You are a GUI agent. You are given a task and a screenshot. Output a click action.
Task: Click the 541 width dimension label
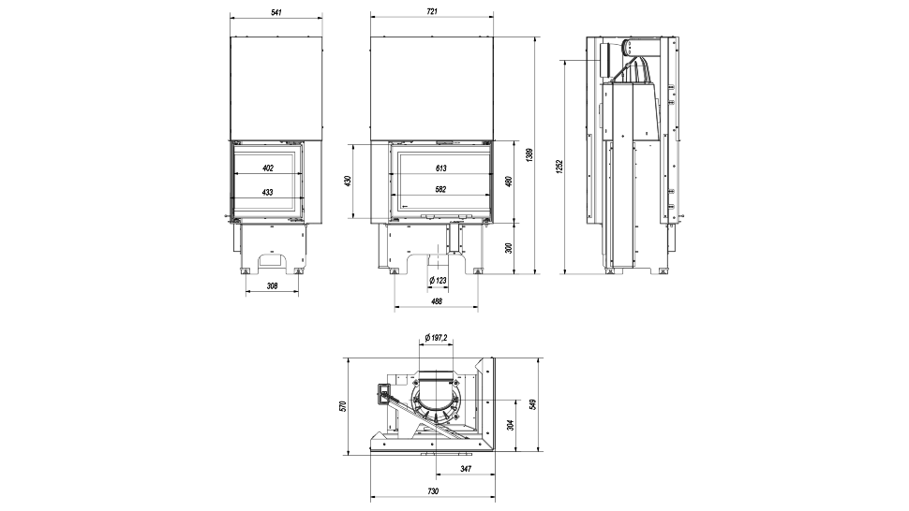[x=276, y=11]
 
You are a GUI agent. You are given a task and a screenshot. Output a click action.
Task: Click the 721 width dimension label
[x=431, y=11]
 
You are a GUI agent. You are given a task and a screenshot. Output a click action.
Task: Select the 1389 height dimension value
[x=529, y=155]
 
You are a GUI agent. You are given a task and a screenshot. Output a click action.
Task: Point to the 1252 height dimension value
[x=559, y=166]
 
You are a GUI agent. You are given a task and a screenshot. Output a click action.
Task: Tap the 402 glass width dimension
[x=268, y=168]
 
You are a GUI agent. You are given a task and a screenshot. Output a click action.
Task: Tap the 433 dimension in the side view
[x=268, y=192]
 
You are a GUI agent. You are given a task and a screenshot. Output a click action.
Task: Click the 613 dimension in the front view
[x=440, y=168]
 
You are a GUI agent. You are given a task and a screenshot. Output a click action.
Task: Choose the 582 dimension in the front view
[x=440, y=190]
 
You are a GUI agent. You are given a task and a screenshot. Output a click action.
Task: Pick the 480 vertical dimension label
[x=509, y=181]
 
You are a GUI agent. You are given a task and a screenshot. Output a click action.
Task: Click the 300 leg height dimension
[x=509, y=248]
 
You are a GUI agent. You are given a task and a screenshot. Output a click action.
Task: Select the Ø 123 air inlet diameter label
[x=437, y=280]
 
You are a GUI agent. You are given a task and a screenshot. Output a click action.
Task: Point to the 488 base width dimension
[x=437, y=301]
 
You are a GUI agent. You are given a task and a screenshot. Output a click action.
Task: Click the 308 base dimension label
[x=272, y=286]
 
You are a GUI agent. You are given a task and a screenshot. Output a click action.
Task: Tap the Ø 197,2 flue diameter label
[x=436, y=337]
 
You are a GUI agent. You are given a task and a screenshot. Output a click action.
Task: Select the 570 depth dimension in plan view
[x=343, y=405]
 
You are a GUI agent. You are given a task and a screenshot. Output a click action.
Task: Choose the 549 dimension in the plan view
[x=533, y=404]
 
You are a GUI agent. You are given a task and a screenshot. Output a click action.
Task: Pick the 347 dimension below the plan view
[x=465, y=468]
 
